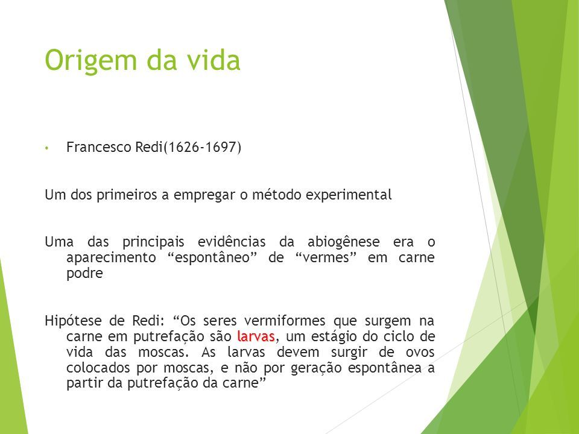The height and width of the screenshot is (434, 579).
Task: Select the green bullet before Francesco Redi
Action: tap(46, 148)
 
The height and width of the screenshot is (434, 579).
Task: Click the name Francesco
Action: tap(99, 147)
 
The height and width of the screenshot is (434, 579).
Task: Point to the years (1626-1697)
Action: tap(203, 147)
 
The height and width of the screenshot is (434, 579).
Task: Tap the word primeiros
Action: tap(127, 195)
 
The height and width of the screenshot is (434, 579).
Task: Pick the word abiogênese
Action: tap(343, 242)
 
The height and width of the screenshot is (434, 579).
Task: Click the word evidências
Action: tap(232, 242)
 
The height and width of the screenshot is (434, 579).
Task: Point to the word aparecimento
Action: tap(111, 258)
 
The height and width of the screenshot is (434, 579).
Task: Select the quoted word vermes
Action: tap(326, 257)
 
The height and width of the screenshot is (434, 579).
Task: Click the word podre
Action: tap(84, 274)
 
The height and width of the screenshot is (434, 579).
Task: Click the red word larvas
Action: tap(256, 336)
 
